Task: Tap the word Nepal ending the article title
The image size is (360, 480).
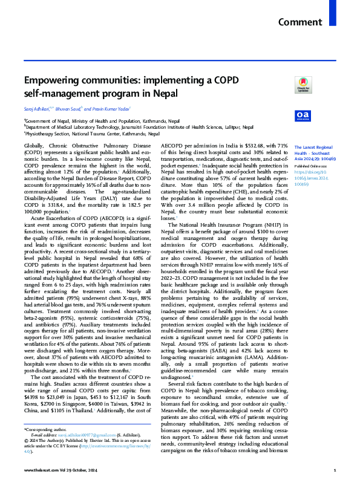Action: pyautogui.click(x=163, y=94)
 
